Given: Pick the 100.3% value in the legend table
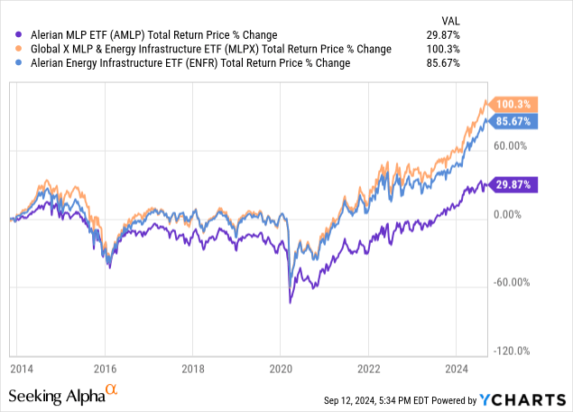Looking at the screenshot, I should tap(444, 49).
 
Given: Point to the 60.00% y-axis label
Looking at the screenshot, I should tap(513, 145).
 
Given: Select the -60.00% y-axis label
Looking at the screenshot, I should tap(513, 282).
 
